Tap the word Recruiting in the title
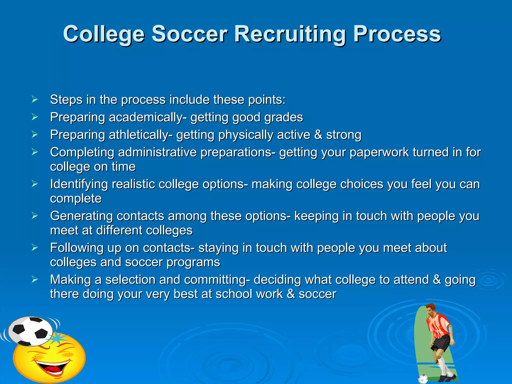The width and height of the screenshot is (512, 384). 290,34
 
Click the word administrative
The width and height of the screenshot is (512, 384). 157,152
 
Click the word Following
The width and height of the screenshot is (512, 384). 77,248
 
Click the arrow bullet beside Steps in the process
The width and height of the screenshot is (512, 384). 35,99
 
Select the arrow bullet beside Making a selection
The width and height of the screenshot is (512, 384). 35,279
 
